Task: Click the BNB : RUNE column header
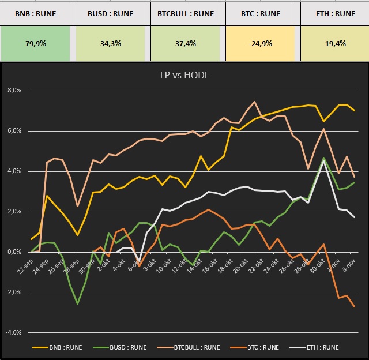(36, 13)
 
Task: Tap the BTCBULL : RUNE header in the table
(186, 13)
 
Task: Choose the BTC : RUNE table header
(261, 13)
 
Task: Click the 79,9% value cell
(36, 43)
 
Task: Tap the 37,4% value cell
(186, 43)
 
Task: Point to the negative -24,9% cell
(261, 43)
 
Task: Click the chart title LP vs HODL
(184, 76)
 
